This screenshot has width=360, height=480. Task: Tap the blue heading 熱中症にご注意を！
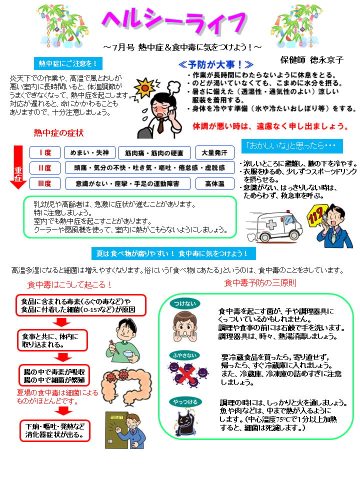coord(68,63)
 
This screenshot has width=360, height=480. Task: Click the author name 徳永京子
coord(326,60)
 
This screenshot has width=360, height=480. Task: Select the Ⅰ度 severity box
coord(45,152)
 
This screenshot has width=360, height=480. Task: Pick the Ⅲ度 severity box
coord(45,183)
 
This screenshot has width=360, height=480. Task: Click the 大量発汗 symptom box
coord(214,152)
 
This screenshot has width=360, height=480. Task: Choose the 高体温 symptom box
coord(215,183)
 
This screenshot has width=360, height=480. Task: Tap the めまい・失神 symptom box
coord(89,152)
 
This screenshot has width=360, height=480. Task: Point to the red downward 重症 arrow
coord(18,167)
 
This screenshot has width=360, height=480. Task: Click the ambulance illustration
coord(274,226)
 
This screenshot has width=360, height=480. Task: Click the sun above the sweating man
coord(145,88)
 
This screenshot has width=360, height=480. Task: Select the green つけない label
coord(185,303)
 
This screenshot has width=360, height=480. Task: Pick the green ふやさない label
coord(184,355)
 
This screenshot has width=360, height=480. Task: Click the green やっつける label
coord(185,402)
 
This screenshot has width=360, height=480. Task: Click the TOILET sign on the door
coord(116,417)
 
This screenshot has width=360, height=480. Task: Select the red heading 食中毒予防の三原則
coord(260,283)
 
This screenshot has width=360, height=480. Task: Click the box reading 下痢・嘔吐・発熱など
coord(55,430)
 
